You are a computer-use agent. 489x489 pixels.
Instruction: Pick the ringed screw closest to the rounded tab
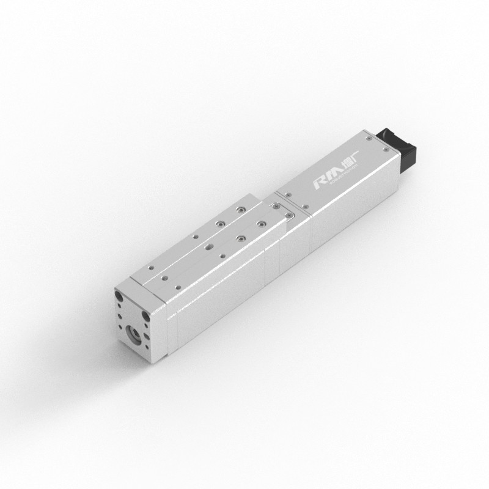pos(261,224)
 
